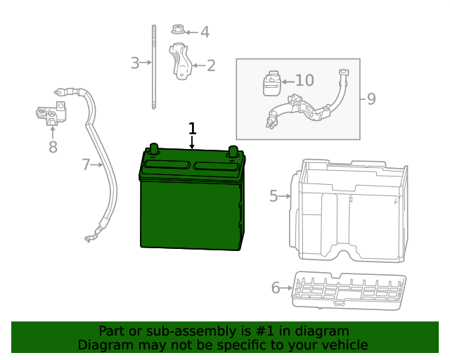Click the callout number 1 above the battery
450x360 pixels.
point(192,129)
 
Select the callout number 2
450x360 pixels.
point(211,66)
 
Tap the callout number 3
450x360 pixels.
point(134,63)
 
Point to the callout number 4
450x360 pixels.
point(205,32)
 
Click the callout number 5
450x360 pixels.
point(274,196)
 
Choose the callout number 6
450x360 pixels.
point(276,287)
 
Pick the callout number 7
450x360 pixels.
point(86,165)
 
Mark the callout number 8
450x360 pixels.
point(53,147)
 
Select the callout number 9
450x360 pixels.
point(371,98)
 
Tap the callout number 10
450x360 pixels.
point(304,81)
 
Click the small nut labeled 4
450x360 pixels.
point(178,30)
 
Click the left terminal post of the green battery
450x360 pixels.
point(154,148)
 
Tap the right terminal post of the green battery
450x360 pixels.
point(233,150)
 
